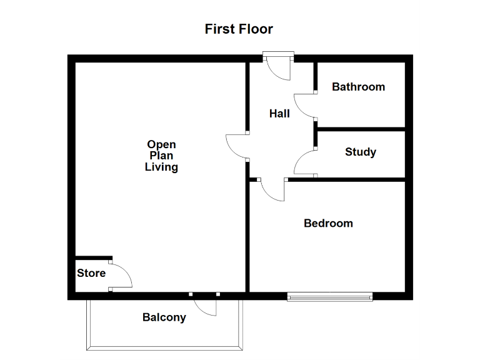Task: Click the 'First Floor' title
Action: click(x=239, y=29)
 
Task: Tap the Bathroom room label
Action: click(x=358, y=87)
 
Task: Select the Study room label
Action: click(x=361, y=152)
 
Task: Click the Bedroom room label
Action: click(x=328, y=223)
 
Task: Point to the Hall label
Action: click(x=279, y=114)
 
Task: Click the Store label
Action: click(x=91, y=273)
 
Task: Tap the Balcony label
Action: click(x=164, y=317)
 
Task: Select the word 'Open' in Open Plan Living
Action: click(x=161, y=145)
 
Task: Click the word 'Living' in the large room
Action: click(x=161, y=167)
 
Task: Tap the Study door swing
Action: click(x=304, y=164)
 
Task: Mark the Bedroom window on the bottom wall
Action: click(x=329, y=296)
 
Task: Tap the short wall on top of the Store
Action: click(x=93, y=257)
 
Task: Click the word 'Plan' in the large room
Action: click(x=161, y=156)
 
